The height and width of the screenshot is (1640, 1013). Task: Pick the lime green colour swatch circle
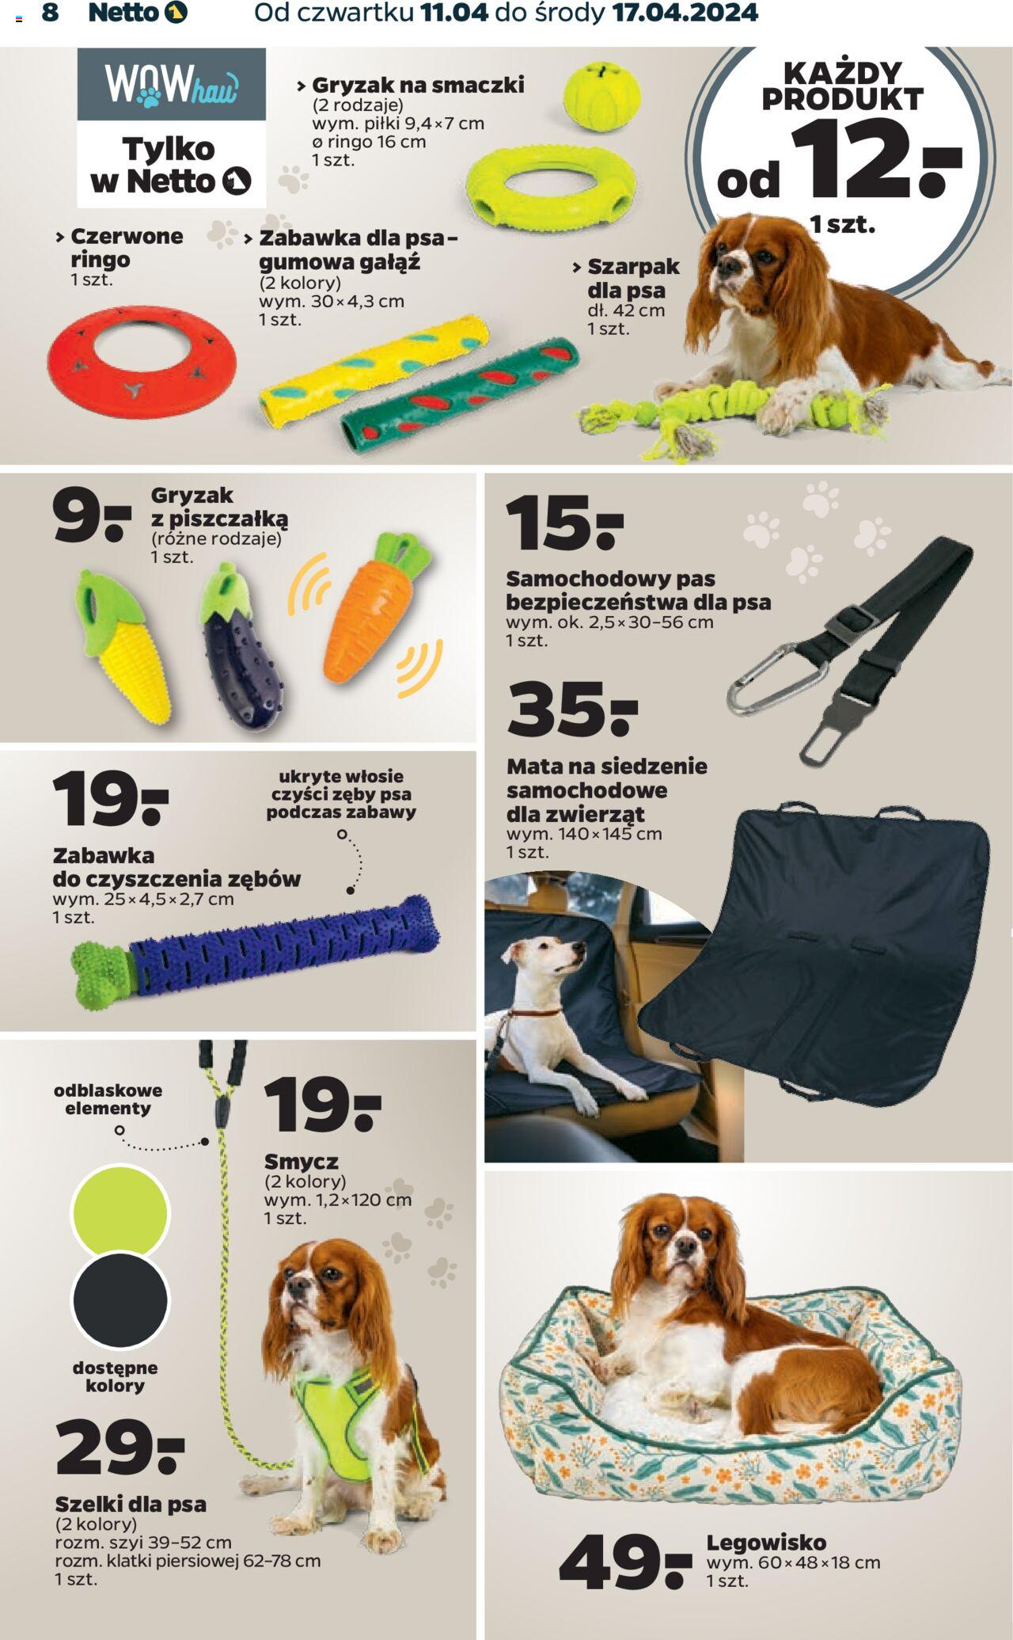click(x=120, y=1212)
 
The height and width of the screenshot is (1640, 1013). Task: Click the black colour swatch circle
click(x=120, y=1300)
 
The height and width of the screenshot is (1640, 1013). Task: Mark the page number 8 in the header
click(x=50, y=13)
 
